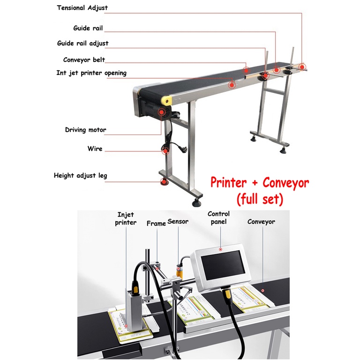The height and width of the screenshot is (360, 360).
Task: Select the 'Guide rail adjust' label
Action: tap(82, 43)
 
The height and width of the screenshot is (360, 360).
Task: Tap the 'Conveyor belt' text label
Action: tap(84, 60)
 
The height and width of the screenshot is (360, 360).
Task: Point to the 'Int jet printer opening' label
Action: tap(91, 73)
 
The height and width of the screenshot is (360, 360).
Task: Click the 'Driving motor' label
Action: tap(85, 130)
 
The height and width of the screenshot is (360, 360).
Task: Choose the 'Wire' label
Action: tap(95, 149)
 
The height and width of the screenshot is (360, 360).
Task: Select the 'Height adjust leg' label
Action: tap(80, 176)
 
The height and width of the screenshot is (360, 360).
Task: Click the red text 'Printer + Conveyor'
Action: tap(259, 182)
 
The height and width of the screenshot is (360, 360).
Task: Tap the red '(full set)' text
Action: tap(260, 199)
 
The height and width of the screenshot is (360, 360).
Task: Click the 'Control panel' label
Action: tap(219, 217)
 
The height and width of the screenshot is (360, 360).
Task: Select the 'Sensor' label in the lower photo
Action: tap(178, 222)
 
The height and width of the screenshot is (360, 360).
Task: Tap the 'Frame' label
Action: tap(156, 224)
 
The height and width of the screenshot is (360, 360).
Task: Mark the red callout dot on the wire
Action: tap(165, 150)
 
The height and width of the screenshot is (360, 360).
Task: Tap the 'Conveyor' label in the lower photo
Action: tap(261, 222)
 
